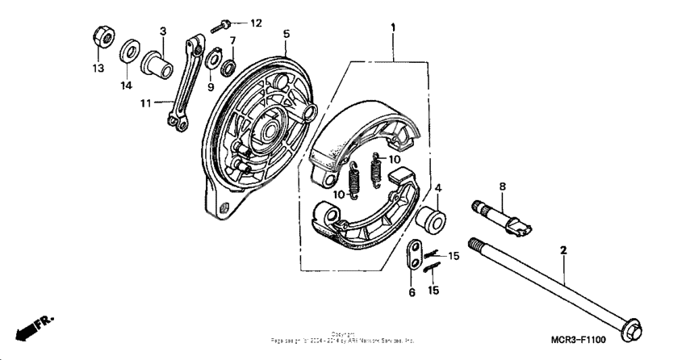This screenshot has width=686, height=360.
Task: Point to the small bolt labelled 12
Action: coord(224,24)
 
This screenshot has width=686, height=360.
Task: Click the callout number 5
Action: coord(286,34)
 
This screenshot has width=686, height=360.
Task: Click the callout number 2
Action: coord(563,252)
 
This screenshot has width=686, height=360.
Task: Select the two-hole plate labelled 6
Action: coord(413,256)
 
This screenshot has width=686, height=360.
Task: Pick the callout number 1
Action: coord(393,27)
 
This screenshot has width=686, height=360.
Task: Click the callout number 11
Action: coord(145,103)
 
